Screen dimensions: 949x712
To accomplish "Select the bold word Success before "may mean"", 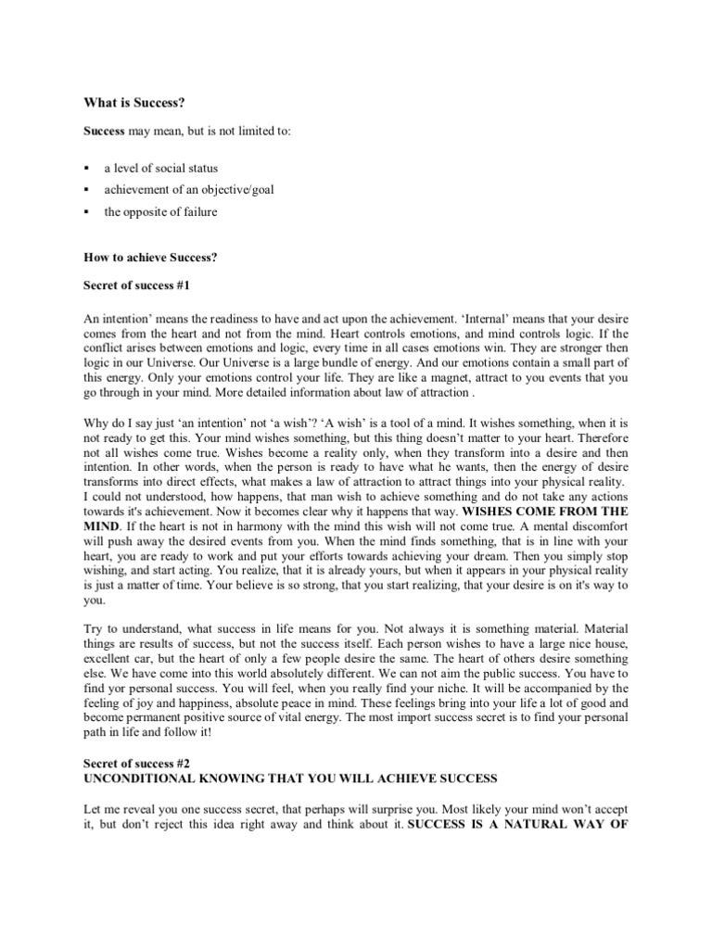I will point(105,132).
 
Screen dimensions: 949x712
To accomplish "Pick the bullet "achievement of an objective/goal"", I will point(188,189).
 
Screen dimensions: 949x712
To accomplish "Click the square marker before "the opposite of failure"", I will point(85,212).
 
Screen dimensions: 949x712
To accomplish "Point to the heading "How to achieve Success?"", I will point(151,257).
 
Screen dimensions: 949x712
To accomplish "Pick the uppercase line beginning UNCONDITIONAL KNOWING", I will point(290,778).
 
